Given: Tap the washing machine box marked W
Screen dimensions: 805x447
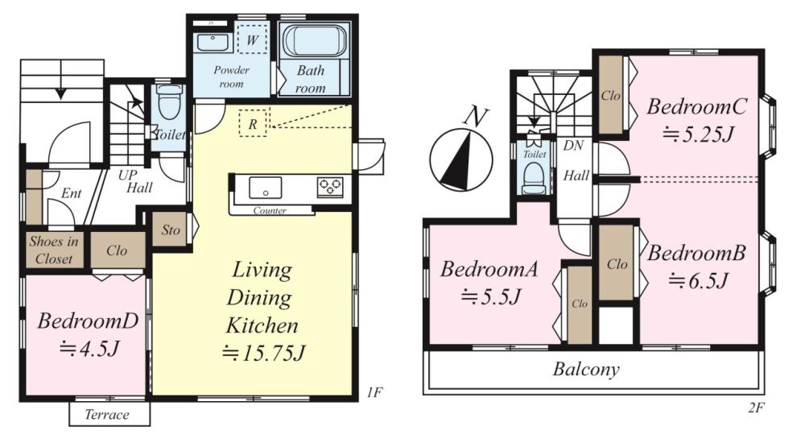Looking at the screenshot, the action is click(x=252, y=39).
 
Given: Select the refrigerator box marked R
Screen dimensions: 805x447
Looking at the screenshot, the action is click(x=253, y=122).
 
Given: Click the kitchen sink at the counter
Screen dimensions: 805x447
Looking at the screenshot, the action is click(x=266, y=188).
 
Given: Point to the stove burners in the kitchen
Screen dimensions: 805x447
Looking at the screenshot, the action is click(x=329, y=187).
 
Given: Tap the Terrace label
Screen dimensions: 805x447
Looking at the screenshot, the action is click(x=107, y=415).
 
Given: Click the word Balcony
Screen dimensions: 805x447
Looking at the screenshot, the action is click(x=586, y=370).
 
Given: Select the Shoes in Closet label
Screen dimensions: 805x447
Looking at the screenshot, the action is click(x=54, y=250).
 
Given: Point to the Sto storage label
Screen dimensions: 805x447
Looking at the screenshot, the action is click(x=171, y=230).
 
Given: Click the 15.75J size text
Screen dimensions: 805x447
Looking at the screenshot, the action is click(x=264, y=353).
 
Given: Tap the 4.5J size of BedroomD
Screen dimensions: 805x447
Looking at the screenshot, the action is click(x=89, y=349).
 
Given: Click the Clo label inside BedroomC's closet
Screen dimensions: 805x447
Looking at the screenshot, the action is click(x=610, y=96).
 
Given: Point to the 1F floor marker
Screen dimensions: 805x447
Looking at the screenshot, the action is click(x=375, y=392).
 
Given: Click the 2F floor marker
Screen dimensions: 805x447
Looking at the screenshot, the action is click(x=756, y=408).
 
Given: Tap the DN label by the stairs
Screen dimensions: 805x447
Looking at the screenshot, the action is click(x=573, y=146).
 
